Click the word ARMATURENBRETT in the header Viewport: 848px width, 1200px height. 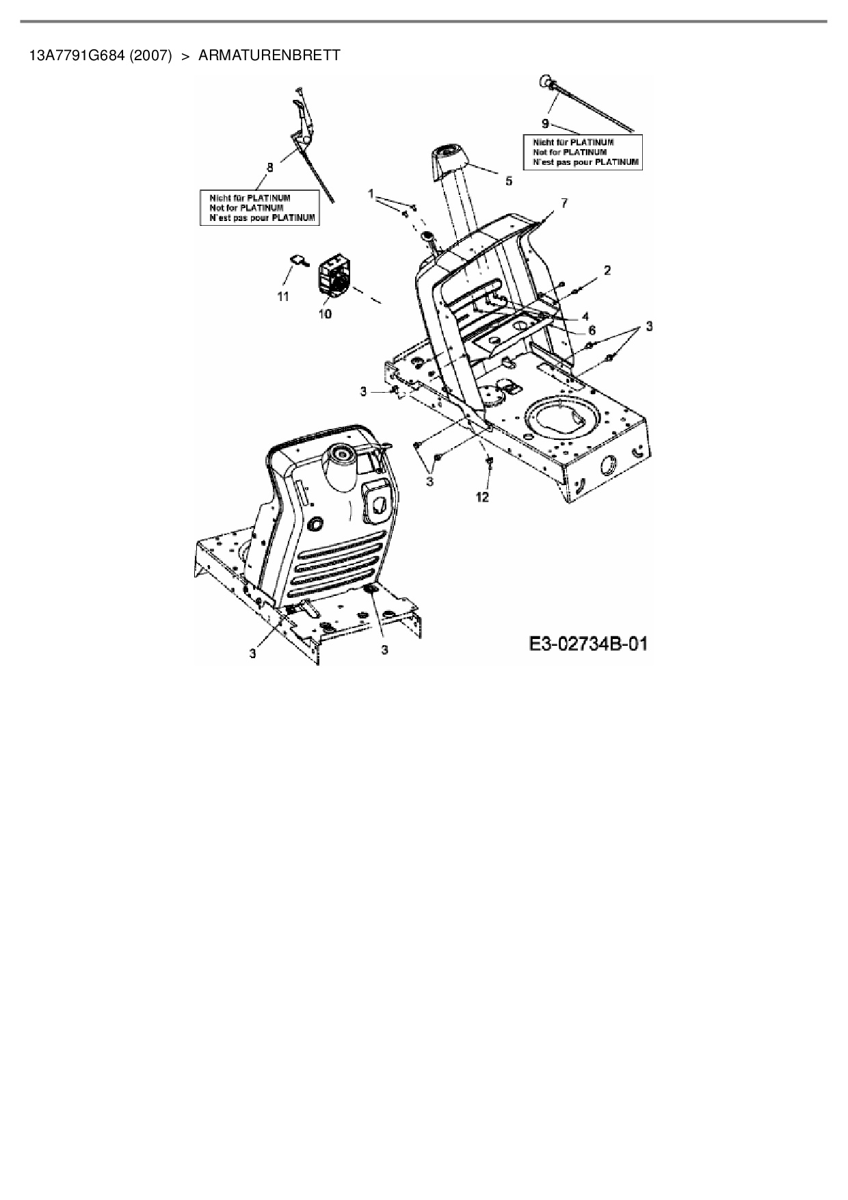(x=269, y=55)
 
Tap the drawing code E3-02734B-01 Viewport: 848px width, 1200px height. (x=587, y=644)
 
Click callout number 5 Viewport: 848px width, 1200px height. (x=508, y=181)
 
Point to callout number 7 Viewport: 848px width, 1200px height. (x=564, y=203)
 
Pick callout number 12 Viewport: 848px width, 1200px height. (x=483, y=497)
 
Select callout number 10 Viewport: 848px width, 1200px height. (x=325, y=313)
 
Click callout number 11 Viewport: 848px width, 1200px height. (x=282, y=296)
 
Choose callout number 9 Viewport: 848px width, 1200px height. (x=545, y=123)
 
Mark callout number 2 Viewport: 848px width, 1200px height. (x=607, y=270)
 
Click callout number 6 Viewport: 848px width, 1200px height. (x=592, y=330)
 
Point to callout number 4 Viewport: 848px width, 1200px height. (x=585, y=317)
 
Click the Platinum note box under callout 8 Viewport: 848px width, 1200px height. (x=260, y=208)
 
